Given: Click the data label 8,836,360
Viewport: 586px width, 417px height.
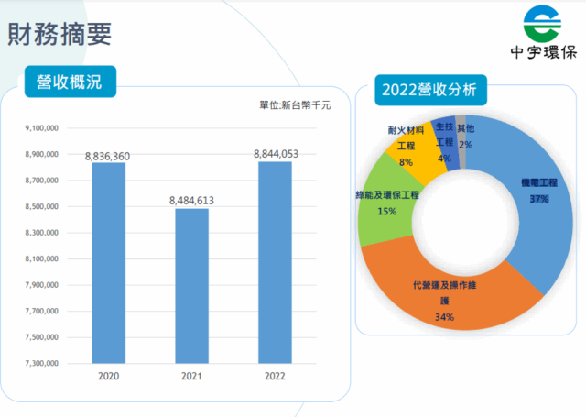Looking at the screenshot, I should pyautogui.click(x=108, y=157).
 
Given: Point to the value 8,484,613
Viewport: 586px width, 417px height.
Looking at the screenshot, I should pyautogui.click(x=192, y=200).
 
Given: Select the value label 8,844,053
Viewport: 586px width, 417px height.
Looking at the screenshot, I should pyautogui.click(x=276, y=154).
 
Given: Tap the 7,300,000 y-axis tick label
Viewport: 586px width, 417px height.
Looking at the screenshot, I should pyautogui.click(x=42, y=364).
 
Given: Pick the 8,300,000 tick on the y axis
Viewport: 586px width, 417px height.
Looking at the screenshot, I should pyautogui.click(x=42, y=234).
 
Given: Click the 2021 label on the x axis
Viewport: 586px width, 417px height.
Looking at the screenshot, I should pyautogui.click(x=192, y=376).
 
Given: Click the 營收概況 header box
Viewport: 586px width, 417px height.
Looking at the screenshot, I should pyautogui.click(x=70, y=82).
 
